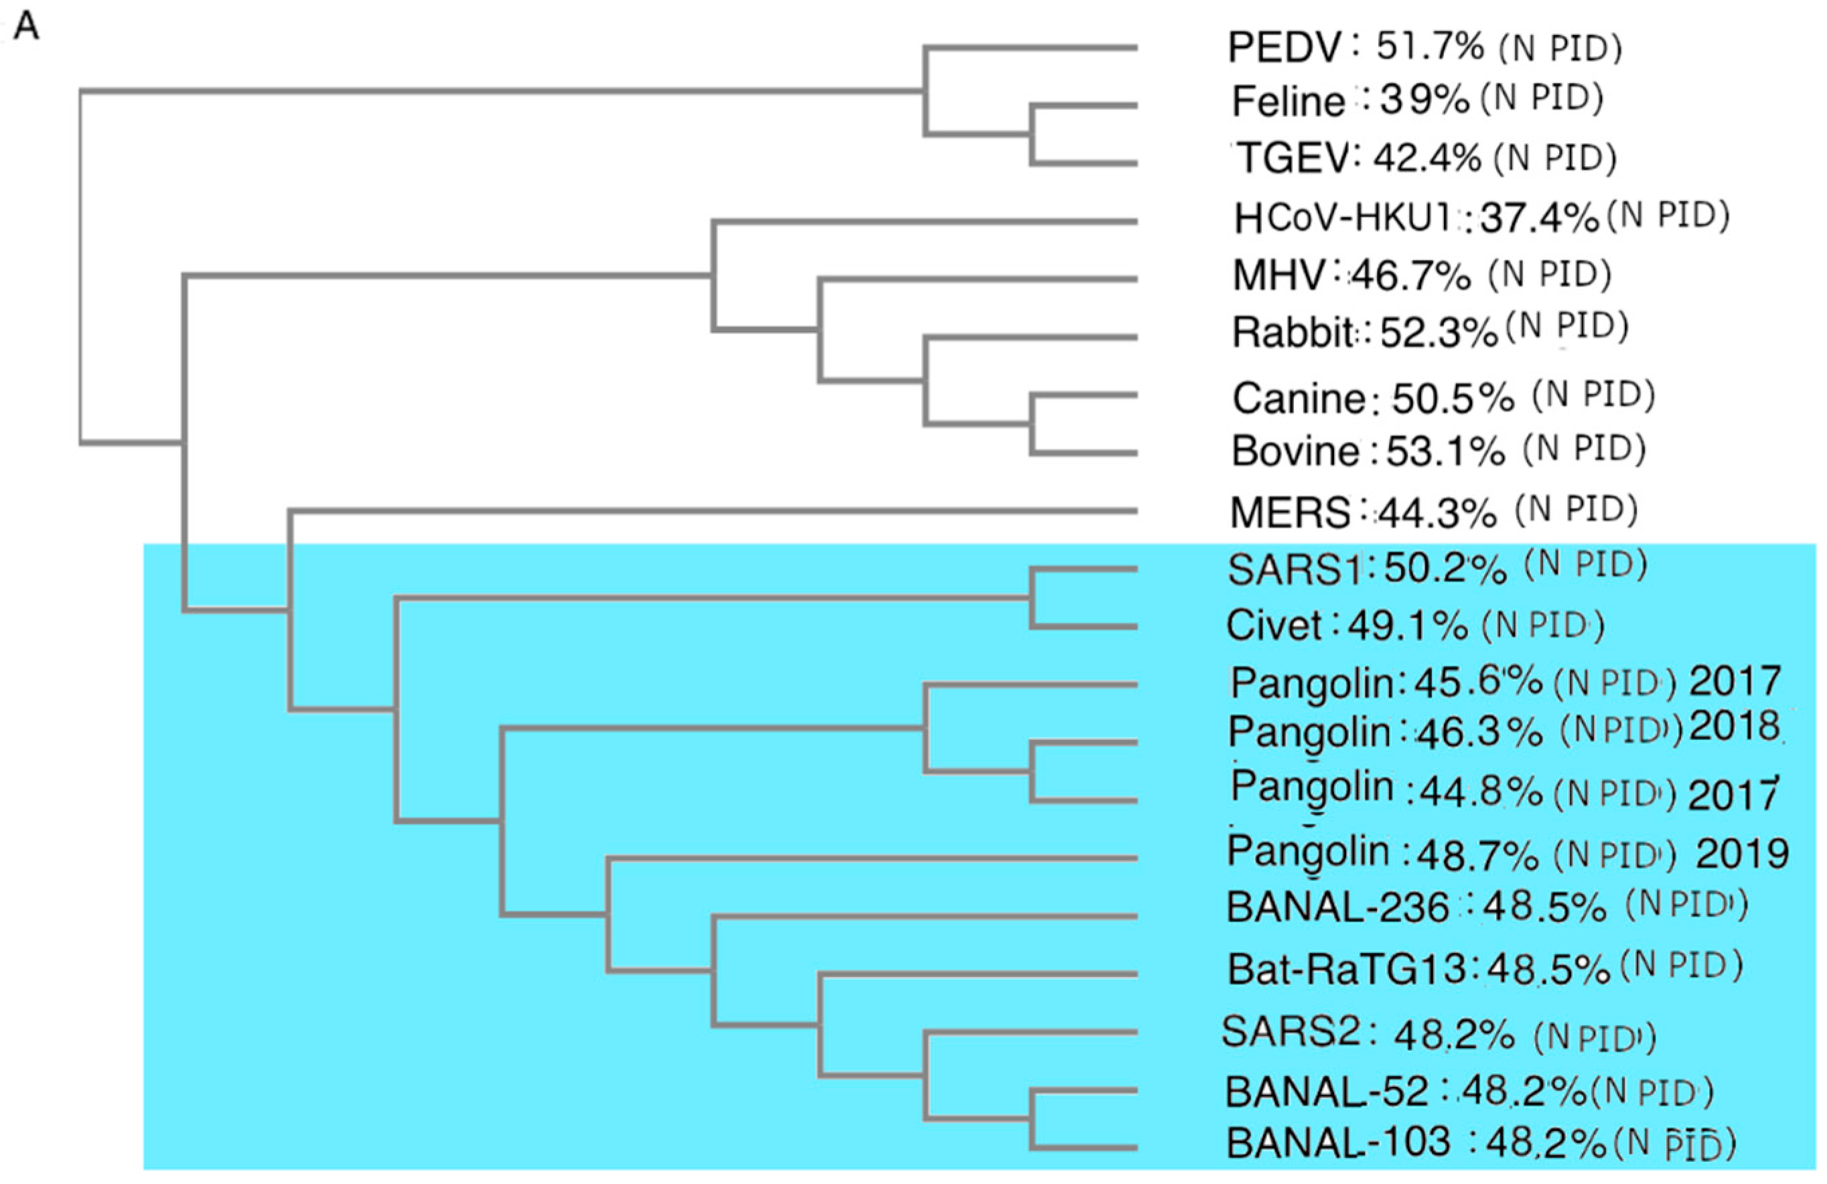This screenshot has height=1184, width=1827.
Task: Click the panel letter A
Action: point(26,27)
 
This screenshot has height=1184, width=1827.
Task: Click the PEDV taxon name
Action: point(1283,48)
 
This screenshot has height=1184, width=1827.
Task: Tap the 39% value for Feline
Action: point(1424,100)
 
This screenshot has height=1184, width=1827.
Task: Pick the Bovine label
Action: point(1295,451)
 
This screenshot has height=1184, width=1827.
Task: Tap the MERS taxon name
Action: point(1290,513)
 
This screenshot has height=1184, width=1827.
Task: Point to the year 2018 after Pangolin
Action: point(1734,727)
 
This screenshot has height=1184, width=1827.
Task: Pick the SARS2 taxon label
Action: point(1291,1032)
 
